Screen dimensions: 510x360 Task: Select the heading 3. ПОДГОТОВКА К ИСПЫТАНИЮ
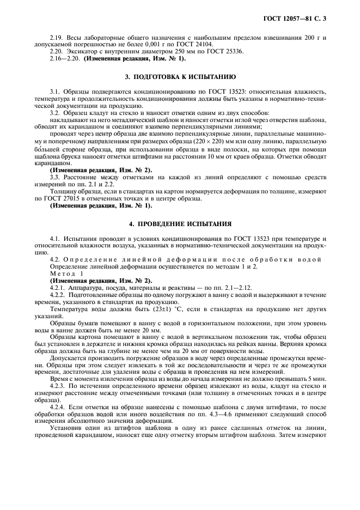(x=180, y=77)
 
